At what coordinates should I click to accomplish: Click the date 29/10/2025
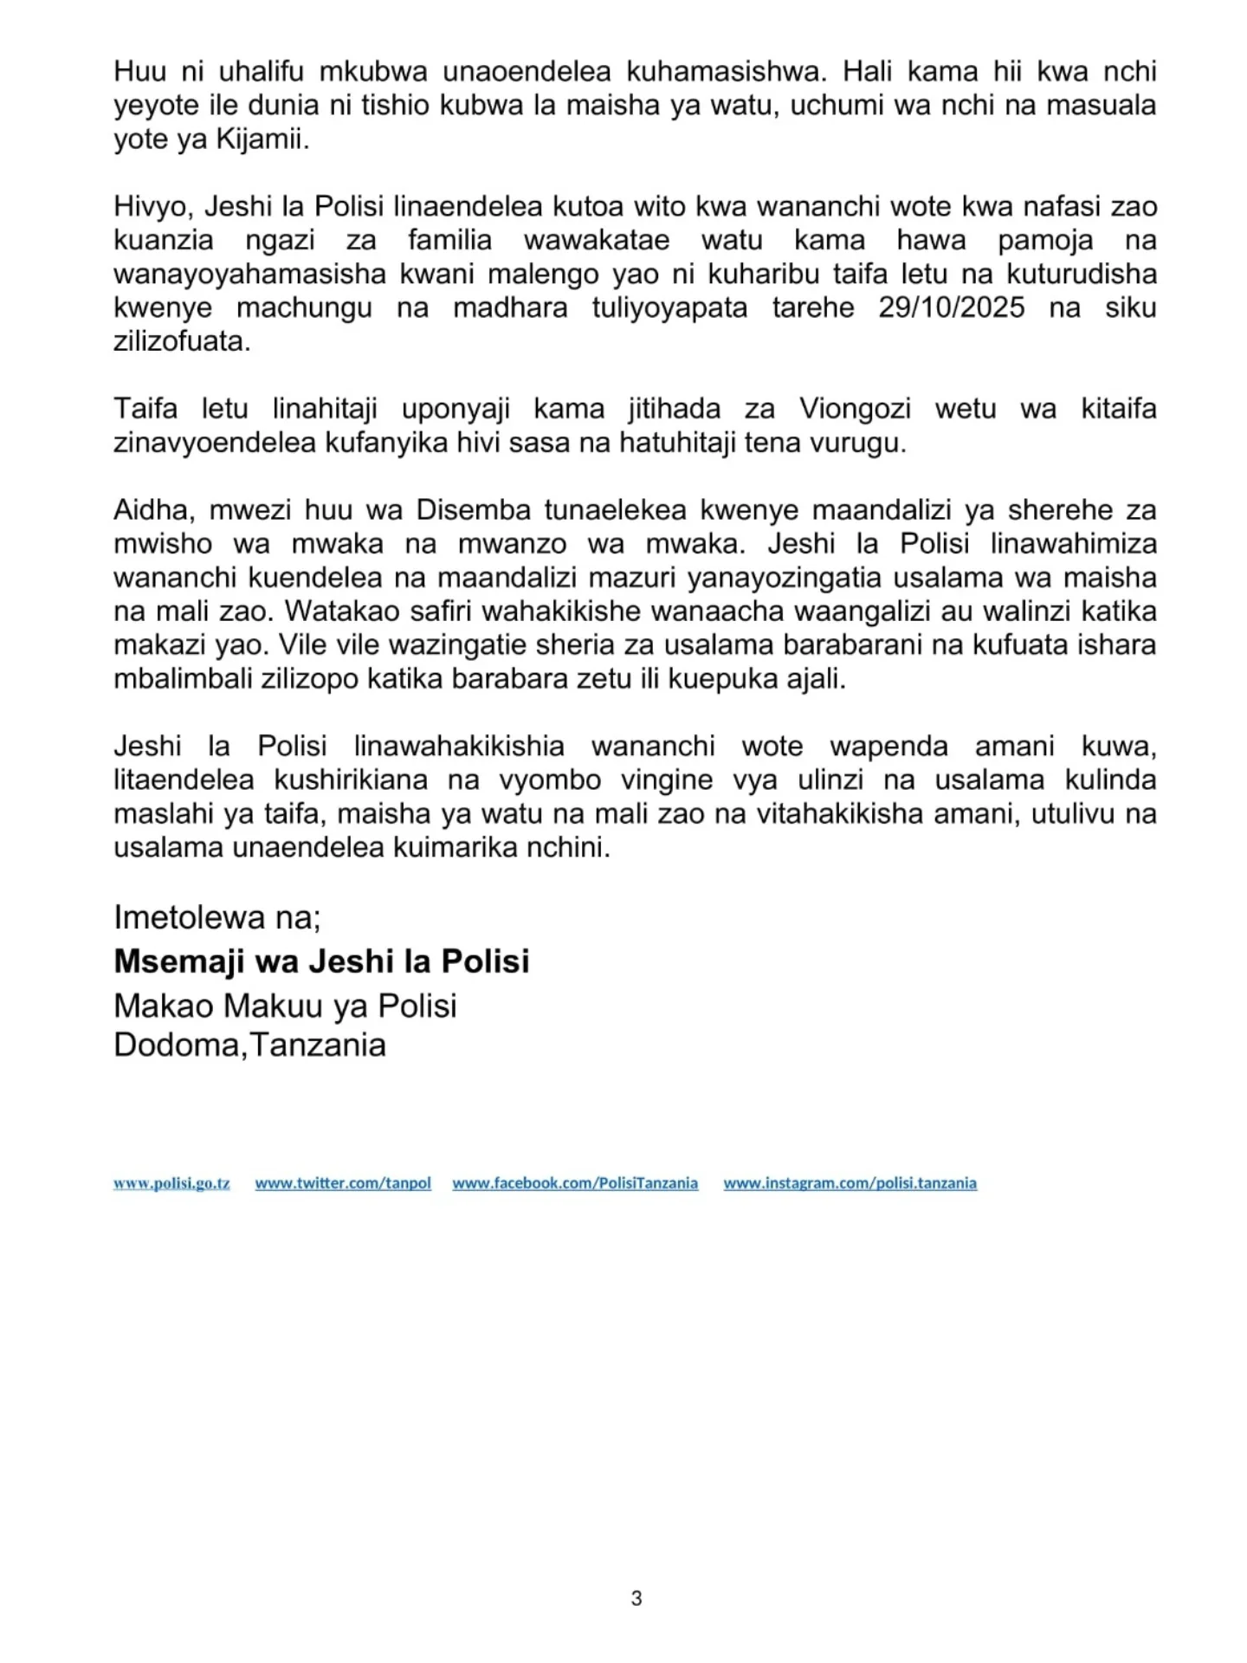coord(951,307)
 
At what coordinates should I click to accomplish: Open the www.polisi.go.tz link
coord(171,1183)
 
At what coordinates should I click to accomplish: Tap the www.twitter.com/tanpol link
coord(343,1183)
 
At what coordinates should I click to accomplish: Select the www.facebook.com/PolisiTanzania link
coord(575,1183)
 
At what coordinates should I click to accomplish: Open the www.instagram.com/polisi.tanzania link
coord(850,1183)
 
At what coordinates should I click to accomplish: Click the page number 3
coord(636,1598)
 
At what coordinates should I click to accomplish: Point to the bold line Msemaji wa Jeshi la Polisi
coord(321,961)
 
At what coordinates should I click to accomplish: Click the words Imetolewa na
coord(216,917)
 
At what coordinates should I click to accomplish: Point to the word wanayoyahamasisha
coord(249,275)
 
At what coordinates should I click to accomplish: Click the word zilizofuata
coord(182,341)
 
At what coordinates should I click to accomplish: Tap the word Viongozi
coord(855,409)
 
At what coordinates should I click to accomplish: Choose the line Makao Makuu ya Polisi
coord(285,1006)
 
